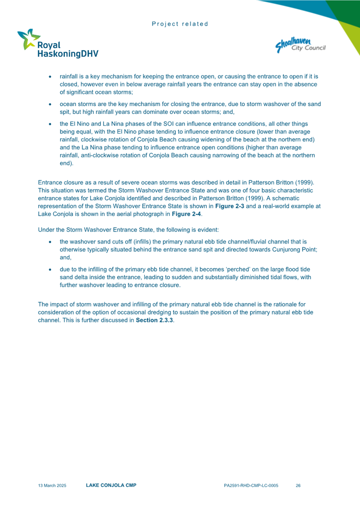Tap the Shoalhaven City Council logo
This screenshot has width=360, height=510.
point(300,44)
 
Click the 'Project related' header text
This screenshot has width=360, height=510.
point(180,24)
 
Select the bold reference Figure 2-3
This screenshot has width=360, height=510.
point(228,206)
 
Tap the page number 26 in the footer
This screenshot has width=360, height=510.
point(298,485)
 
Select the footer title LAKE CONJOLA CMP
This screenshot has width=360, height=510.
point(111,485)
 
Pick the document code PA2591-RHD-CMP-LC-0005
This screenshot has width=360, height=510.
point(251,485)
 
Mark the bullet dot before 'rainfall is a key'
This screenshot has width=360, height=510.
point(50,76)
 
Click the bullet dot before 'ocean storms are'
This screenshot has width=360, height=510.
point(50,104)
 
